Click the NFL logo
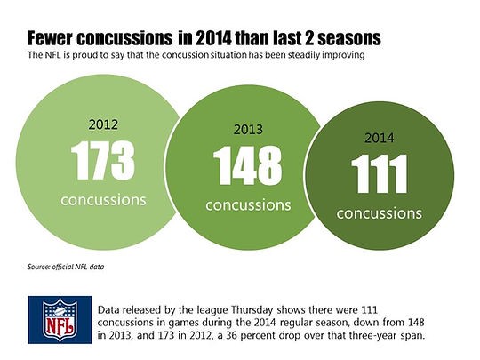click(60, 320)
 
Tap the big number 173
click(102, 160)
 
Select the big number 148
click(248, 165)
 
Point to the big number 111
click(380, 173)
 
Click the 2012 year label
click(103, 124)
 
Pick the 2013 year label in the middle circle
click(248, 130)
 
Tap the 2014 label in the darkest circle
click(380, 138)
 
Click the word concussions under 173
click(103, 200)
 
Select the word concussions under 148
click(248, 205)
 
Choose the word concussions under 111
click(380, 213)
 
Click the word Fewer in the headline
click(50, 38)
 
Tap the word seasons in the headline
click(349, 38)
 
